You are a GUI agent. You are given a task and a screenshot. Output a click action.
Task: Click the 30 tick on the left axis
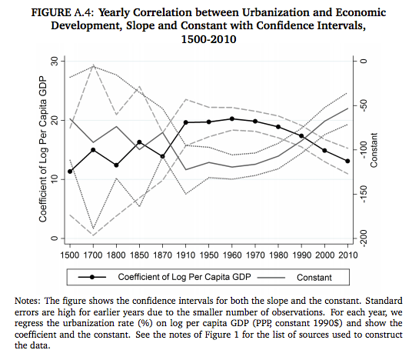(54, 61)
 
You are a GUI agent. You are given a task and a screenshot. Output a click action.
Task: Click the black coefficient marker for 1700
(93, 149)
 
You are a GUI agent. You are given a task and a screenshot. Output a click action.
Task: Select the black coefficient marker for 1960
(232, 118)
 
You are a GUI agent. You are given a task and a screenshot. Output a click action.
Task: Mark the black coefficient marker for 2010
(348, 161)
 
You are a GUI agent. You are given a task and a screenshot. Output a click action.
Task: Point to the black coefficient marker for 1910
(186, 123)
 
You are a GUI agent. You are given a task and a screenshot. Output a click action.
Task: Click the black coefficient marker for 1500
(70, 172)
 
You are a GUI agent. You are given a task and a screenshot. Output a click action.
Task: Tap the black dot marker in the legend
(92, 276)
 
